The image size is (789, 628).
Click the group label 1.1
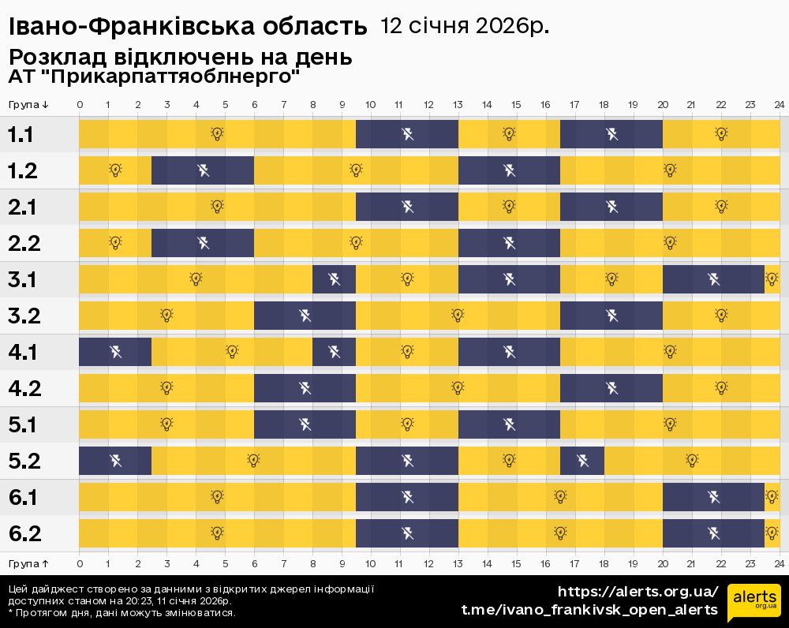click(21, 134)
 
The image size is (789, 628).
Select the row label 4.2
click(24, 388)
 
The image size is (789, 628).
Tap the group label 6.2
click(24, 533)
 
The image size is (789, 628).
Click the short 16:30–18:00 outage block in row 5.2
click(582, 461)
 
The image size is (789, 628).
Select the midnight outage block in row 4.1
click(115, 352)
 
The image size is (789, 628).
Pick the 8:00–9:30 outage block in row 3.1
click(334, 279)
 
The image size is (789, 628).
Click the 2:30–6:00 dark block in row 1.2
click(202, 170)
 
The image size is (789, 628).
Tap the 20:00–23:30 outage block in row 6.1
click(713, 497)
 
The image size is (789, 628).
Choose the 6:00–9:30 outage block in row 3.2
click(305, 316)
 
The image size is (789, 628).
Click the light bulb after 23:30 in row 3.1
click(772, 279)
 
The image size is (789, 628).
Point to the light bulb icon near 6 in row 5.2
click(253, 461)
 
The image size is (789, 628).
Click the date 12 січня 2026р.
click(465, 26)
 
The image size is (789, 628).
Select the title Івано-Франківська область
click(188, 28)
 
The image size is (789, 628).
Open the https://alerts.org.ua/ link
click(638, 592)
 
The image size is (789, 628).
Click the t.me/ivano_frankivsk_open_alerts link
click(589, 610)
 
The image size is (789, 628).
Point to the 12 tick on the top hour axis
click(428, 105)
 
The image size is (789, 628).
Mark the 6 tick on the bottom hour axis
click(254, 563)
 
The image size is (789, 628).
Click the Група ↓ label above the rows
click(29, 105)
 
